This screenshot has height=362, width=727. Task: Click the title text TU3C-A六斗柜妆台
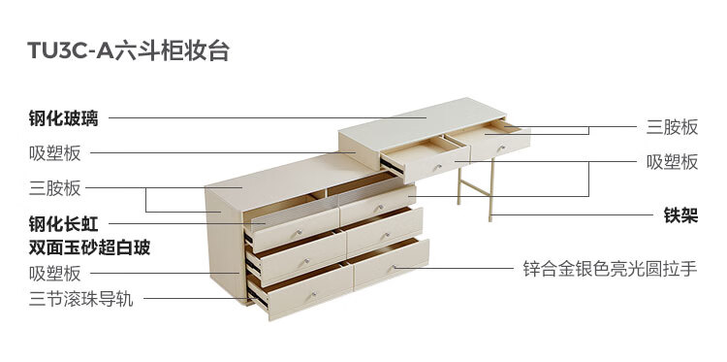pos(128,50)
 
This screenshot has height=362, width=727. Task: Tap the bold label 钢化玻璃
pos(64,118)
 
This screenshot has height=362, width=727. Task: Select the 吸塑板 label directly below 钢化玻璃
pos(55,153)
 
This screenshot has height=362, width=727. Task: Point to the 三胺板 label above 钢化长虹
pos(55,188)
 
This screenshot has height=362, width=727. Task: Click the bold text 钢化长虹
pos(64,223)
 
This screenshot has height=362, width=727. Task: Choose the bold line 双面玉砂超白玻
pos(89,247)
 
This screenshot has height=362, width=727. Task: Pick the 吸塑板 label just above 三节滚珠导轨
pos(55,274)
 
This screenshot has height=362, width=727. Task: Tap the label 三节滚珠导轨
pos(81,299)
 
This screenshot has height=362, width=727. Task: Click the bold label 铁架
pos(680,215)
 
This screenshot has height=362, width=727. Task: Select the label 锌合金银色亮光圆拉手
pos(610,269)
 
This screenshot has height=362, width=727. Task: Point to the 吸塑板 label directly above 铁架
pos(672,162)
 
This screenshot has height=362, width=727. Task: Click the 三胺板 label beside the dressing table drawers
pos(672,127)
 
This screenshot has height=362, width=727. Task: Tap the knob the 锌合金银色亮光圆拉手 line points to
pos(394,267)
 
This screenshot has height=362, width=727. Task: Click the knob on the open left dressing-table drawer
pos(436,168)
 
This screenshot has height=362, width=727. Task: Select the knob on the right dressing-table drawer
pos(500,148)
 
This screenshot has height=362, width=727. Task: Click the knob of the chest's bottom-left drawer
pos(314,294)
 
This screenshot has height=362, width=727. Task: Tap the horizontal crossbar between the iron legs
pos(474,188)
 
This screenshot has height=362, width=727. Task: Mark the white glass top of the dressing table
pos(423,122)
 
